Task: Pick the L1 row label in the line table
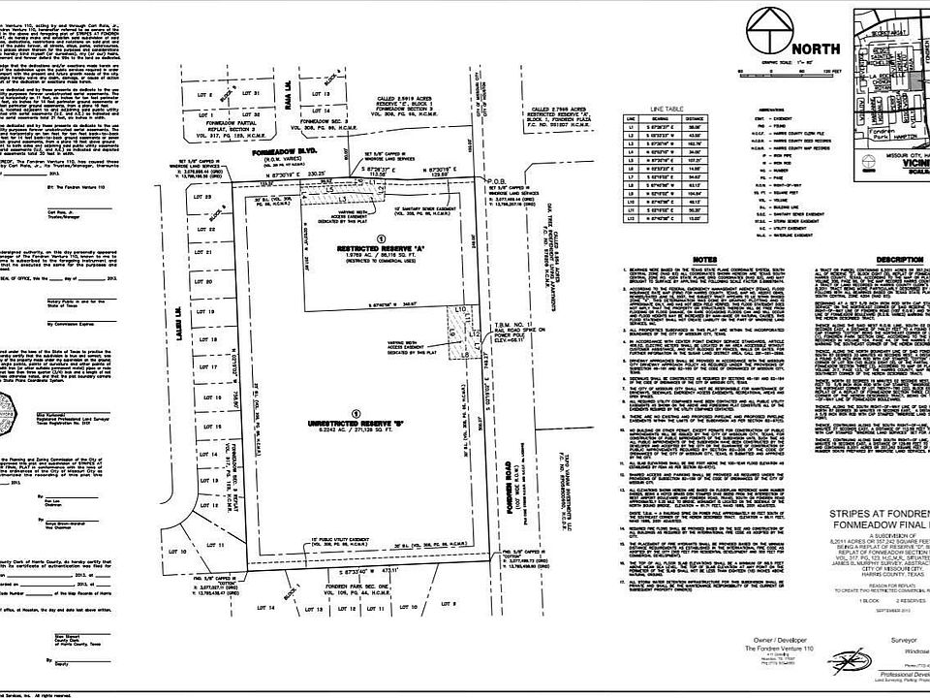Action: point(632,127)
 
